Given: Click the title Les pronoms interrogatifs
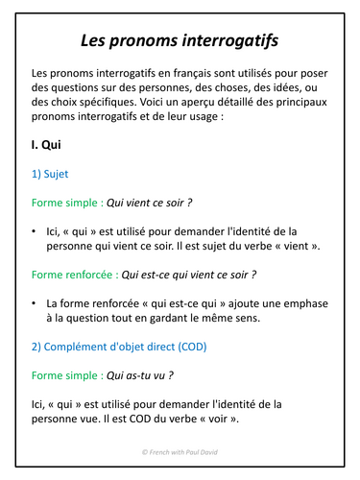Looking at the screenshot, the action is click(180, 42).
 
